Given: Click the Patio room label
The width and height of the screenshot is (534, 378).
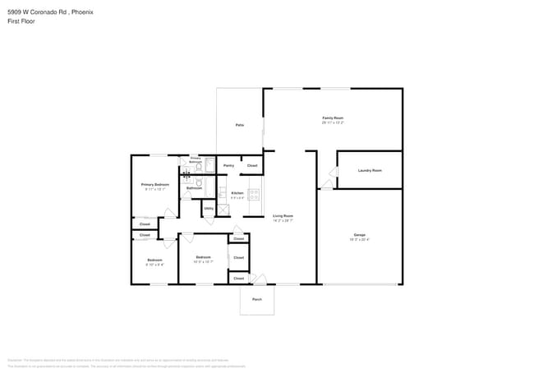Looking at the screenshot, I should pyautogui.click(x=239, y=125).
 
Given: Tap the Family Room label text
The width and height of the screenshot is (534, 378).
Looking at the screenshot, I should pyautogui.click(x=332, y=118).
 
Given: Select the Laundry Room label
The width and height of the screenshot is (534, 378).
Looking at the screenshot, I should pyautogui.click(x=370, y=170).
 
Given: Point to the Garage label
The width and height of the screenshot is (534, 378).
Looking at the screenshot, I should pyautogui.click(x=360, y=234).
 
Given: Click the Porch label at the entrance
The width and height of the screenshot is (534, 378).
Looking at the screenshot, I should pyautogui.click(x=257, y=299).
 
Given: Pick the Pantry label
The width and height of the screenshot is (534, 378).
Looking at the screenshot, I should pyautogui.click(x=228, y=166).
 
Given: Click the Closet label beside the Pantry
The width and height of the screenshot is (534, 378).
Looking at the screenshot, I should pyautogui.click(x=252, y=166).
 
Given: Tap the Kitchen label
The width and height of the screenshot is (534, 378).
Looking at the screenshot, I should pyautogui.click(x=214, y=193).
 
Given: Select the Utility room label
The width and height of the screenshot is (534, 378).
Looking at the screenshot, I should pyautogui.click(x=209, y=209).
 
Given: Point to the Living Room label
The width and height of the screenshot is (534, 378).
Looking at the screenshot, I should pyautogui.click(x=283, y=216).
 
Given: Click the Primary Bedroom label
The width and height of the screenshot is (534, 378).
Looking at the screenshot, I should pyautogui.click(x=154, y=185).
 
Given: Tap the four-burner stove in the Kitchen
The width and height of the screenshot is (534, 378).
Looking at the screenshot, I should pyautogui.click(x=254, y=195).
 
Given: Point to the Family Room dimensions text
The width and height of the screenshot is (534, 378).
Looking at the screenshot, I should pyautogui.click(x=332, y=122).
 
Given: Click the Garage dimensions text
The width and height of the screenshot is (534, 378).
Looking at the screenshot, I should pyautogui.click(x=360, y=239).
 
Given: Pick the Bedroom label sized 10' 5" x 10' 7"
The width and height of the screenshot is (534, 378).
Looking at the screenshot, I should pyautogui.click(x=202, y=258).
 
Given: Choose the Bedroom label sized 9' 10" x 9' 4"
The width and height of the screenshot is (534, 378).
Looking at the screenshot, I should pyautogui.click(x=154, y=260).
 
